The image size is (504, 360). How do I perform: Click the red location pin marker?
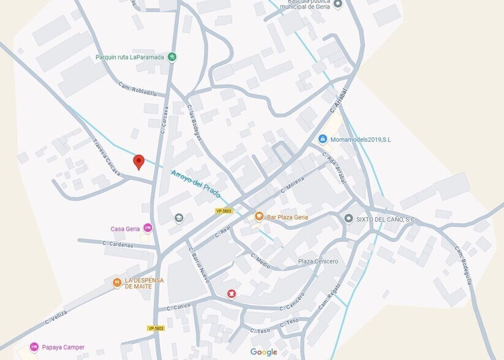pos(138,162)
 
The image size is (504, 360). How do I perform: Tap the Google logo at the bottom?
pos(263,352)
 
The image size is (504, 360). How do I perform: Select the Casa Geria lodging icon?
pos(147,228)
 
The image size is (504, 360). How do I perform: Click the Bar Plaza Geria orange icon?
pos(259,217)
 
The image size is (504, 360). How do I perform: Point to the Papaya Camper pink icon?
pos(34,347)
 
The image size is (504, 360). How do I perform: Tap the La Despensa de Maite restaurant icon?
pos(116,283)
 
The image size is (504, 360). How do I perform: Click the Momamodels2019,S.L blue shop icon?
pos(323,140)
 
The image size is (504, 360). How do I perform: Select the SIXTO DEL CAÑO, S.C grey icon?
pos(348,219)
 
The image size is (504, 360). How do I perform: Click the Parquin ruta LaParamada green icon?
pos(173,57)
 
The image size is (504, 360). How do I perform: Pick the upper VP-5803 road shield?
pos(224,211)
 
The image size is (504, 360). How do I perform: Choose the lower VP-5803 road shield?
pos(156,328)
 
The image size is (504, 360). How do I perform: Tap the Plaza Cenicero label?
pos(318,261)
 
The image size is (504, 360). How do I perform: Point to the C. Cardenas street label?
pos(118,244)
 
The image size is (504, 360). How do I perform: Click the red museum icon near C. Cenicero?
pos(231,294)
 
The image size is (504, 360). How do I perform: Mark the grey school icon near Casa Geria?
pos(179,218)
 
